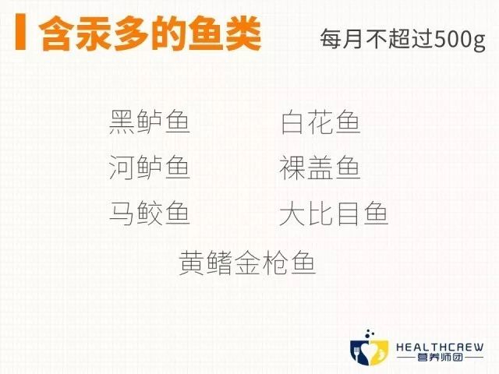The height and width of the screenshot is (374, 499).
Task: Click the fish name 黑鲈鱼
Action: pyautogui.click(x=150, y=123)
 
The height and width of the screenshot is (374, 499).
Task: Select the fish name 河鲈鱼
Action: pyautogui.click(x=150, y=168)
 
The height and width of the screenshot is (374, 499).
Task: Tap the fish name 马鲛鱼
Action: pyautogui.click(x=150, y=213)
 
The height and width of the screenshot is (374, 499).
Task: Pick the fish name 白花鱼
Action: pyautogui.click(x=320, y=123)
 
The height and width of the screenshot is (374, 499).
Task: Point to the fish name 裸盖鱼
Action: pyautogui.click(x=320, y=168)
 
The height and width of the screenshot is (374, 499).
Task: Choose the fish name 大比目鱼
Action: pyautogui.click(x=333, y=213)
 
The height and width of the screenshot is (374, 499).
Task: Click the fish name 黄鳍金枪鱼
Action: pyautogui.click(x=247, y=261)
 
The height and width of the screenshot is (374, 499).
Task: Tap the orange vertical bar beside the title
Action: pyautogui.click(x=19, y=31)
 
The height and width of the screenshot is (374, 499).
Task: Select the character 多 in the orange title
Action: pyautogui.click(x=131, y=32)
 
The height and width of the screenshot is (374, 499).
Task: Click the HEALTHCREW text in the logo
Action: pyautogui.click(x=440, y=347)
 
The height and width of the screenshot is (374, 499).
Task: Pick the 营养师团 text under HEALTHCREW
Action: pyautogui.click(x=440, y=360)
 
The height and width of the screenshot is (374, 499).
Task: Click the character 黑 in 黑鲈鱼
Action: pyautogui.click(x=123, y=123)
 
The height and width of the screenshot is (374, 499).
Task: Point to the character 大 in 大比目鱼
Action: pyautogui.click(x=292, y=213)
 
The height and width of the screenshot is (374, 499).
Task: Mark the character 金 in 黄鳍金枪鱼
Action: pyautogui.click(x=247, y=261)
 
